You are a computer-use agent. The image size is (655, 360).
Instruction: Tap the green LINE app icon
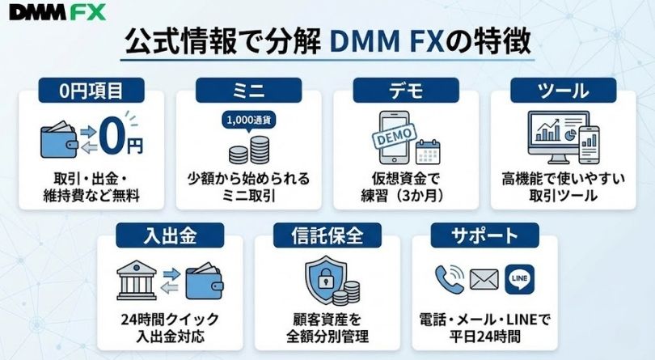pos(521,279)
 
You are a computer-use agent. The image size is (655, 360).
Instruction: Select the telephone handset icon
pos(449,279)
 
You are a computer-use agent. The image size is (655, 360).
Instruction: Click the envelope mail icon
pos(483,281)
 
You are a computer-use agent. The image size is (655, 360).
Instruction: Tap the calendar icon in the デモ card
pos(428,150)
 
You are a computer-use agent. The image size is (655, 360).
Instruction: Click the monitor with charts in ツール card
pos(552,135)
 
